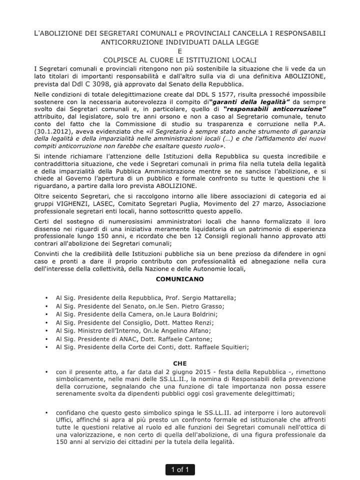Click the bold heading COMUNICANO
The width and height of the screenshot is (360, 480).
tap(179, 279)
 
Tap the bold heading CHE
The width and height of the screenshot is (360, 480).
tap(179, 363)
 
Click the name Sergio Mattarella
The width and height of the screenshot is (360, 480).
tap(208, 298)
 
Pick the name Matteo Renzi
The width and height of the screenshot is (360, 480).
tap(191, 322)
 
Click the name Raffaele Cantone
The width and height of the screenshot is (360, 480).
tap(188, 338)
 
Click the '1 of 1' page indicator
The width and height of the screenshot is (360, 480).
tap(180, 469)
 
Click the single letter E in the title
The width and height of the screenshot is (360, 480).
tap(179, 51)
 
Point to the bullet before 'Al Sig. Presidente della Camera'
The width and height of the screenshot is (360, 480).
tap(46, 314)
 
